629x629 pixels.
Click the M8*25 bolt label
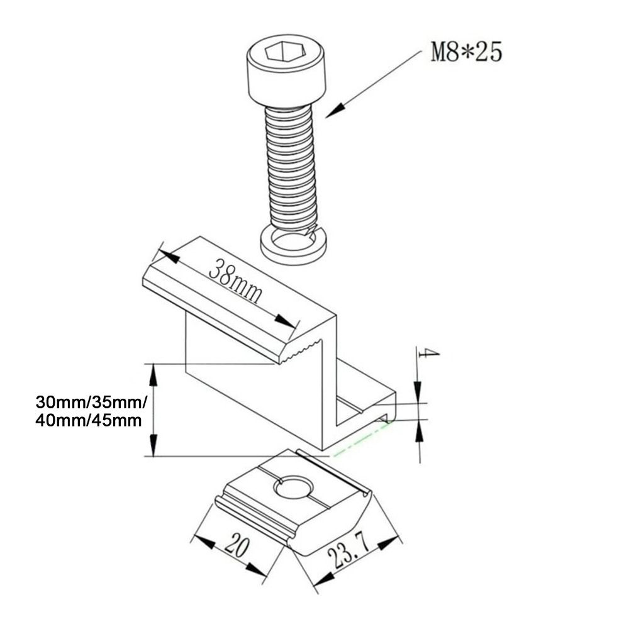[467, 52]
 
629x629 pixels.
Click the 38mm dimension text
[236, 281]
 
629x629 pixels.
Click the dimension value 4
[428, 353]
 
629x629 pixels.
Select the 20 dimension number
[237, 547]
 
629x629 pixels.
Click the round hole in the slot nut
[293, 488]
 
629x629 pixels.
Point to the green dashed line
[360, 440]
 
